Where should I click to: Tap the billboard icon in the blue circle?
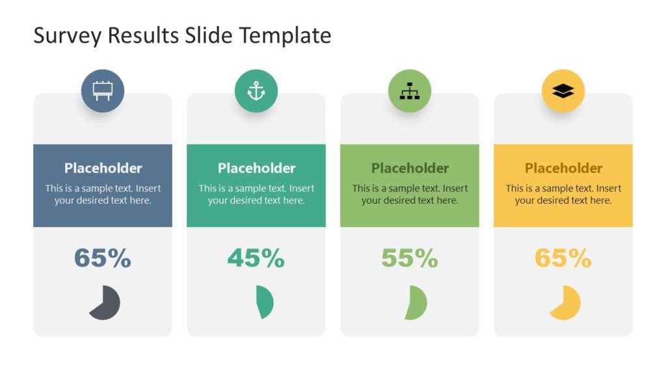[103, 91]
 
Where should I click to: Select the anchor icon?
[256, 91]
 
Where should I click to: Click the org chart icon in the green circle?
[410, 91]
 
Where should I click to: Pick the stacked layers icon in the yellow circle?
[563, 91]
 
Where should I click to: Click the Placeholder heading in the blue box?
[103, 168]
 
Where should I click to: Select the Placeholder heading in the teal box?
[256, 168]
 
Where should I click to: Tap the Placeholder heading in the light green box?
[410, 168]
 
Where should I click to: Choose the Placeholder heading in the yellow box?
[563, 168]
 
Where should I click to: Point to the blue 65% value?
[103, 258]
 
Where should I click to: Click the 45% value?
[256, 258]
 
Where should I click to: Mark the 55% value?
[410, 258]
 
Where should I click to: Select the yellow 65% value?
[563, 258]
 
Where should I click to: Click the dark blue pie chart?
[105, 303]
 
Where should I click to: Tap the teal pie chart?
[265, 302]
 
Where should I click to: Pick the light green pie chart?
[416, 303]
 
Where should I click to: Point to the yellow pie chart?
[565, 303]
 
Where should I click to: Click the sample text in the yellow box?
[563, 195]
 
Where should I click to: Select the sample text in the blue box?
[103, 195]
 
